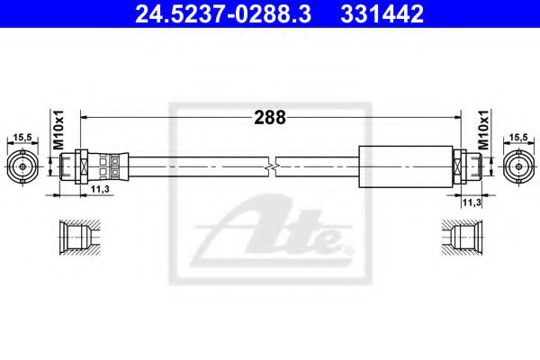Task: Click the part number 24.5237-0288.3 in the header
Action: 223,13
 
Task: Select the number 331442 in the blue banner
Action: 382,13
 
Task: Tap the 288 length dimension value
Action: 270,118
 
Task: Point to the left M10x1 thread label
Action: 58,130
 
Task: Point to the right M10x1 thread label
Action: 483,130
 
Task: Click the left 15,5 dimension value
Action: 22,138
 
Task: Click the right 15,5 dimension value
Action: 518,138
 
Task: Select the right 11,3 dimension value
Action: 472,202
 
